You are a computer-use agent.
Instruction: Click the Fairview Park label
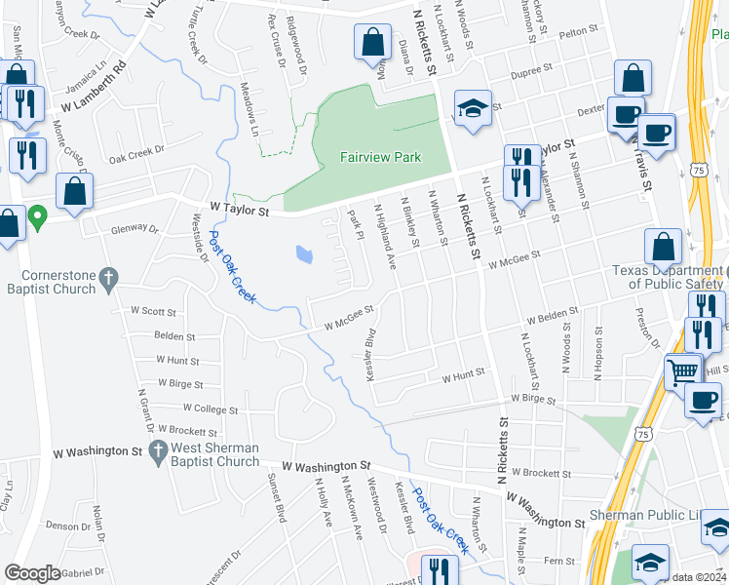tap(381, 156)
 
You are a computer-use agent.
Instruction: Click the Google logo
tap(32, 573)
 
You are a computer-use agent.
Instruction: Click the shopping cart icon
tap(683, 370)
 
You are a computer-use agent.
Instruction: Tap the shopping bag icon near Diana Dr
tap(372, 43)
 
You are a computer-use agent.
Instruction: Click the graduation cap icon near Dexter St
tap(473, 108)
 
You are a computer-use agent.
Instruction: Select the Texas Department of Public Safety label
tap(668, 277)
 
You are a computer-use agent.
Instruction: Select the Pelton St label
tap(577, 32)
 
